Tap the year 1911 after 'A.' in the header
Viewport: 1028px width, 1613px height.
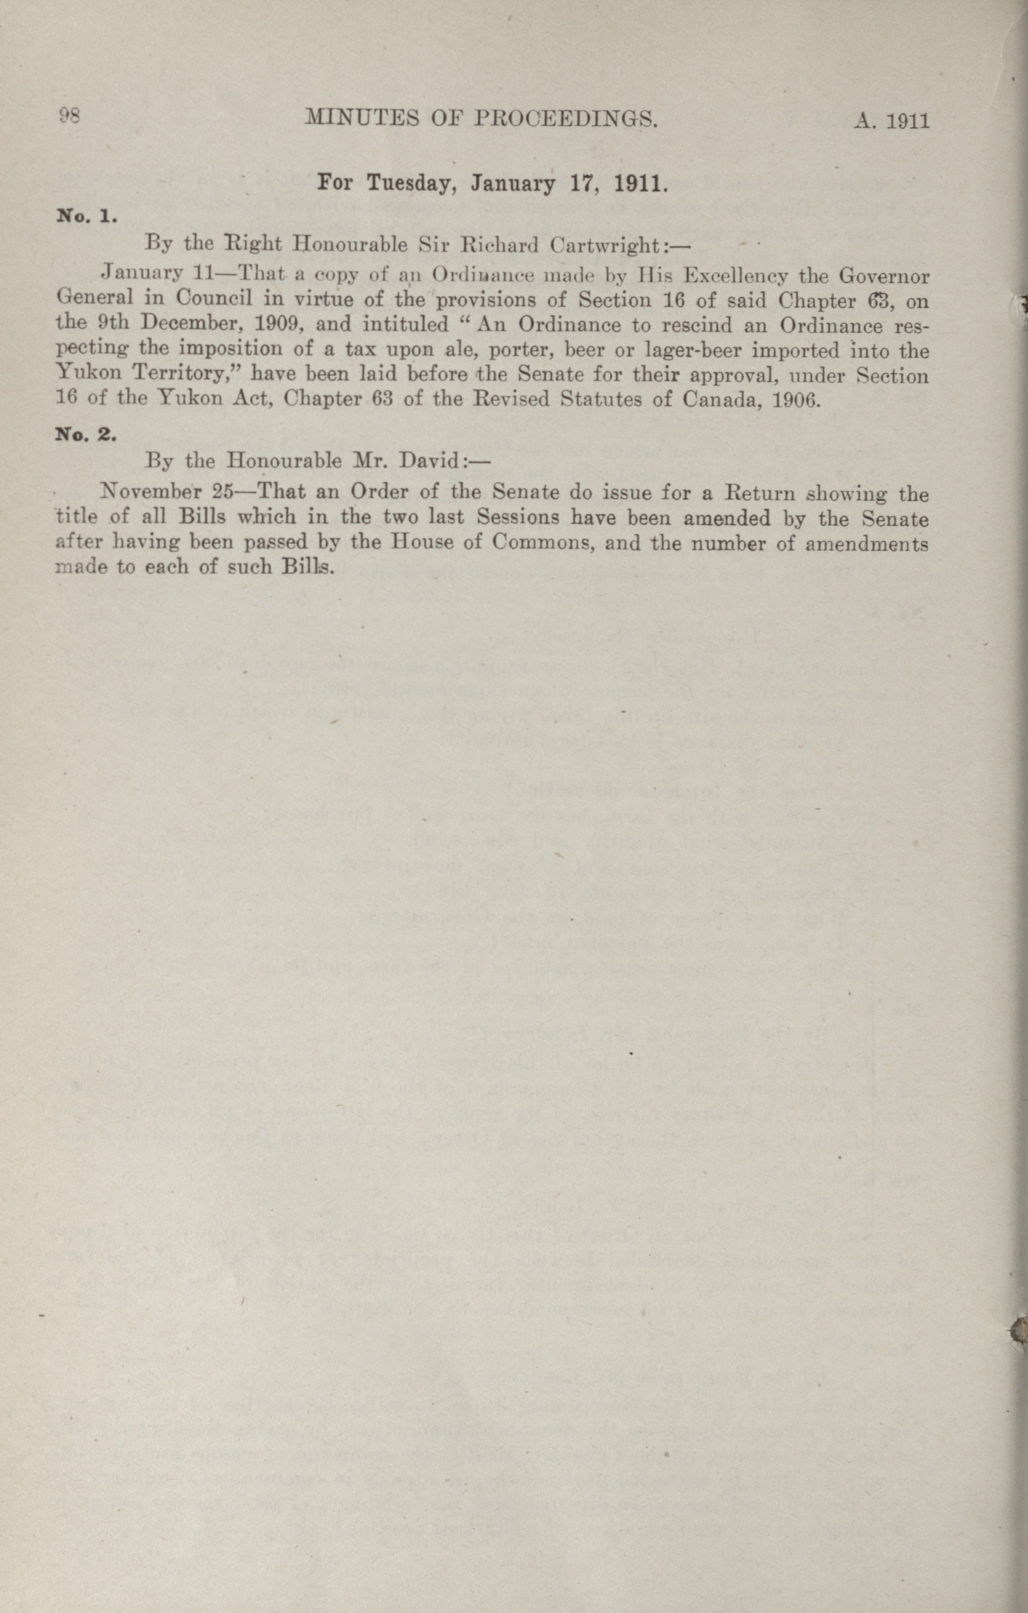907,121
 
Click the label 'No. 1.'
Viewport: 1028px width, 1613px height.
87,216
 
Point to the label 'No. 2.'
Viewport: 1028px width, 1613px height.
87,434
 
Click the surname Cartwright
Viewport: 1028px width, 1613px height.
605,245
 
